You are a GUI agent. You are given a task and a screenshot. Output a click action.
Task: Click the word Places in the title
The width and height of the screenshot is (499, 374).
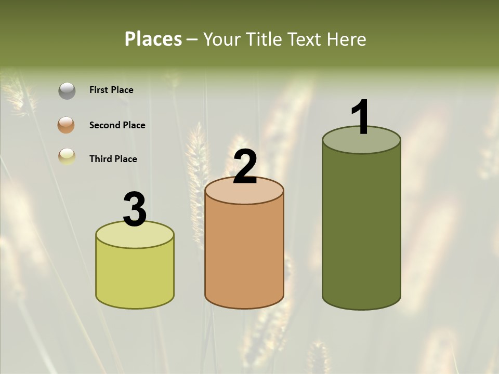(x=153, y=39)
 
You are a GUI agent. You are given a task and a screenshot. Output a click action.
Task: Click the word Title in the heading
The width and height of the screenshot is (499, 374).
(x=264, y=39)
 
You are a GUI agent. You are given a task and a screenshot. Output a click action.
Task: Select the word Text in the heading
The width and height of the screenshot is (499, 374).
(x=304, y=39)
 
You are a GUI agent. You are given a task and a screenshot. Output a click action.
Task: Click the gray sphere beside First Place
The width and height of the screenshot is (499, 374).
(x=67, y=91)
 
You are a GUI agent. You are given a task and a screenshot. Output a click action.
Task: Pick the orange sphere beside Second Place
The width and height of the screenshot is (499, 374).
(x=67, y=125)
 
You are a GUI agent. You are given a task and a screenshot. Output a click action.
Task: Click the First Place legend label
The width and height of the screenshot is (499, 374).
(x=111, y=90)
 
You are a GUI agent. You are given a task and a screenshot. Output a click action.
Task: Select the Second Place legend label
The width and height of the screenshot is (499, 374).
(x=117, y=125)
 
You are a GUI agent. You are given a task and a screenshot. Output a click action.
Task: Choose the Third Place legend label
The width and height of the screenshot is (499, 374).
(x=113, y=159)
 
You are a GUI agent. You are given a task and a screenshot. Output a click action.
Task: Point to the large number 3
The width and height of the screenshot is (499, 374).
(x=135, y=209)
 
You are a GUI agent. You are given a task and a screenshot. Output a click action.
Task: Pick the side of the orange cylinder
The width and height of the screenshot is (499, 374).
(x=244, y=255)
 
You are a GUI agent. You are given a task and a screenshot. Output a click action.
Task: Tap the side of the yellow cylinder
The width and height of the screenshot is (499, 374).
(x=135, y=275)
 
